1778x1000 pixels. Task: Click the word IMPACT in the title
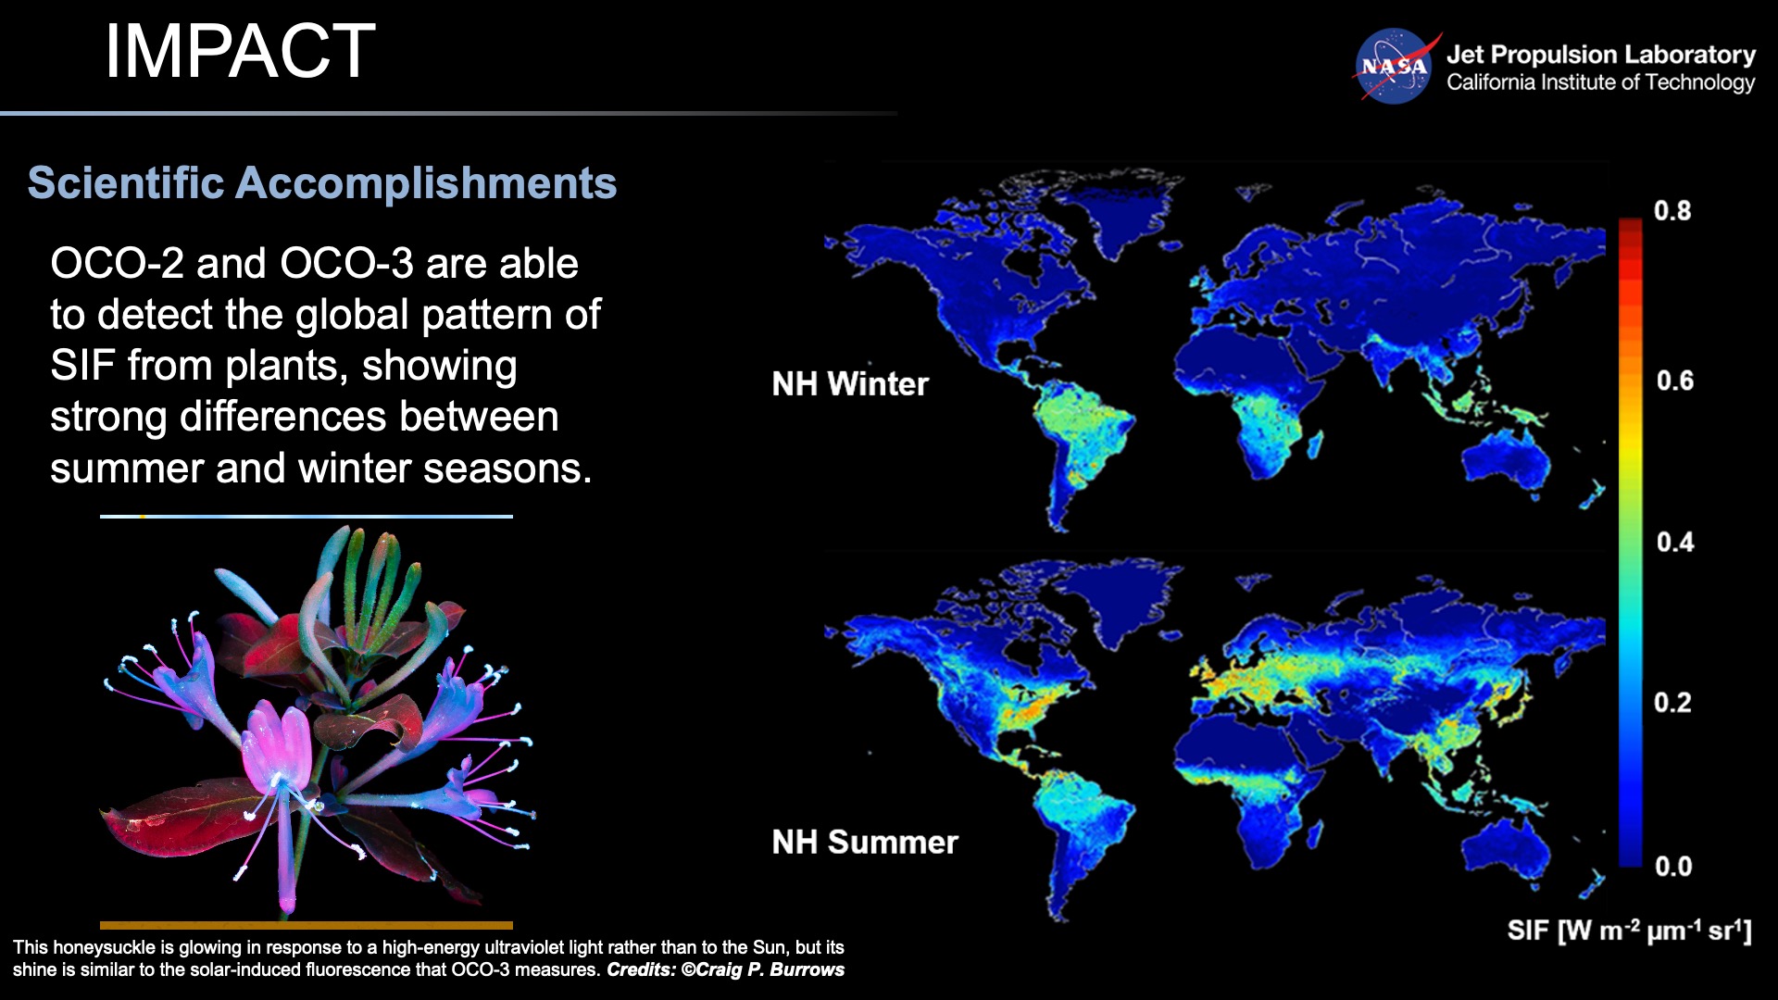(240, 51)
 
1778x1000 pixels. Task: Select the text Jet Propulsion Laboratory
(1601, 55)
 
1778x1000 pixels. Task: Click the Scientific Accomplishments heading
(322, 182)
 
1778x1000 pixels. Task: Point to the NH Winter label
(850, 383)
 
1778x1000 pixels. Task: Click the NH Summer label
(865, 842)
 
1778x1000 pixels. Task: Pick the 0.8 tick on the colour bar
(1672, 211)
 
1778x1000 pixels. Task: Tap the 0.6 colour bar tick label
(1674, 381)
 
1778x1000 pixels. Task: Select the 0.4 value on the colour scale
(1674, 542)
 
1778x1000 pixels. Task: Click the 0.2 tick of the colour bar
(1672, 703)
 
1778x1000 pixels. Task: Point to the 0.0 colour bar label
(1673, 867)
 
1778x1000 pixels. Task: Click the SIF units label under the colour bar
(1629, 930)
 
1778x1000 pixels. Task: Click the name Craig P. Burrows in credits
(770, 969)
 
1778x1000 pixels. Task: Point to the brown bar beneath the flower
(307, 925)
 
